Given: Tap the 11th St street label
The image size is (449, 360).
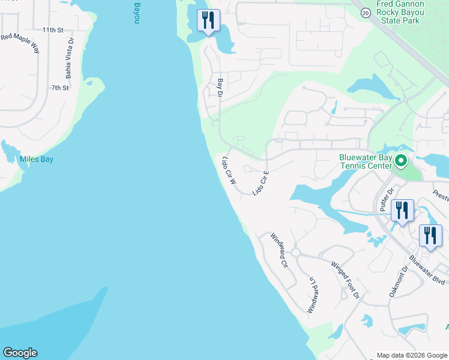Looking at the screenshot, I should point(53,29).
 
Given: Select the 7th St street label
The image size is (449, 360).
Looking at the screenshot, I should point(59,88).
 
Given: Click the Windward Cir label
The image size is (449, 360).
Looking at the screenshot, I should point(280,250).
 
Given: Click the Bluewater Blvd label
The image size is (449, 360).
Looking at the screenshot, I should point(427,271).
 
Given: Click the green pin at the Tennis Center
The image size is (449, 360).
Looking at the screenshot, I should point(401,161).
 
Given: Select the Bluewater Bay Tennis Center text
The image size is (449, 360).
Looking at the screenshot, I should point(365,162).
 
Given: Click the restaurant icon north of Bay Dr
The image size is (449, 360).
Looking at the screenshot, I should point(208,21).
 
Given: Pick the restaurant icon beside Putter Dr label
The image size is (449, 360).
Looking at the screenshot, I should point(402,211).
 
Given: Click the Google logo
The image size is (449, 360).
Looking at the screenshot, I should point(20,353).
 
